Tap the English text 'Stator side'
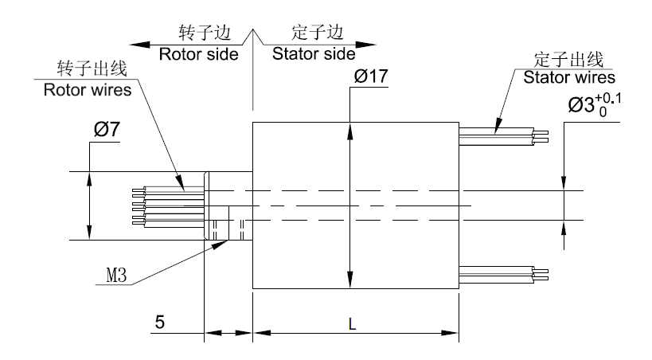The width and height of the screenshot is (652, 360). click(313, 55)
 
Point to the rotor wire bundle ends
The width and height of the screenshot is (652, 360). click(138, 205)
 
